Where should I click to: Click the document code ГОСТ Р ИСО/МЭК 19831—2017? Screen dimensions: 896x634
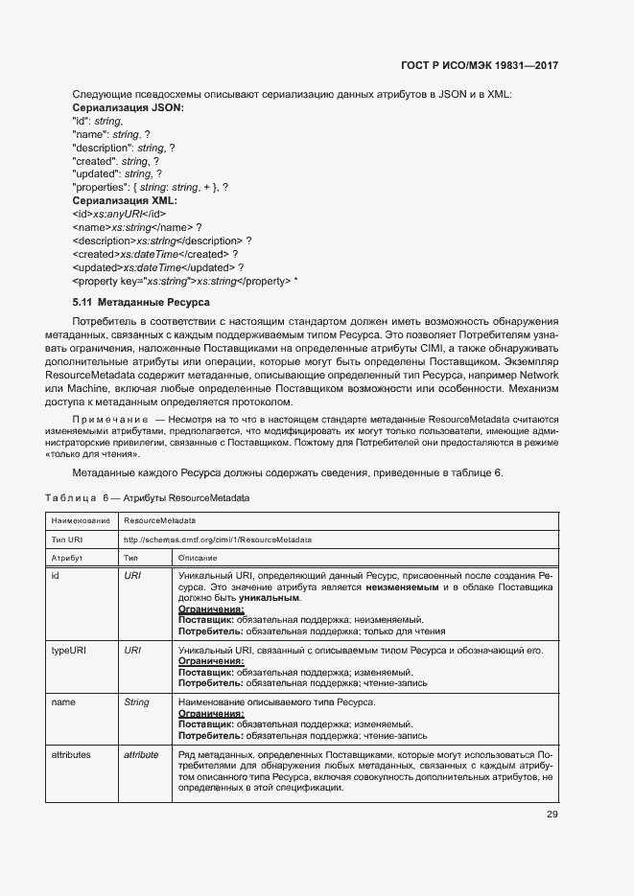[x=479, y=66]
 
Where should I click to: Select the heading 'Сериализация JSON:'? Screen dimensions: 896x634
[x=128, y=108]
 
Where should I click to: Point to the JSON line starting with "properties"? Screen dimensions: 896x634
[x=151, y=188]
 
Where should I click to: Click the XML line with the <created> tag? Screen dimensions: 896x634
[x=154, y=254]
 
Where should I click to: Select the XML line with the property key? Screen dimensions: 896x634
[x=185, y=281]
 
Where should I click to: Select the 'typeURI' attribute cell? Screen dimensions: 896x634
[x=69, y=651]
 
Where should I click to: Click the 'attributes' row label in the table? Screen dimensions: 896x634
[x=71, y=755]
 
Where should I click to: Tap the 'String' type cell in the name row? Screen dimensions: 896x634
[x=137, y=702]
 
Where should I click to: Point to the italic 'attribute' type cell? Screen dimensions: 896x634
[x=141, y=755]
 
